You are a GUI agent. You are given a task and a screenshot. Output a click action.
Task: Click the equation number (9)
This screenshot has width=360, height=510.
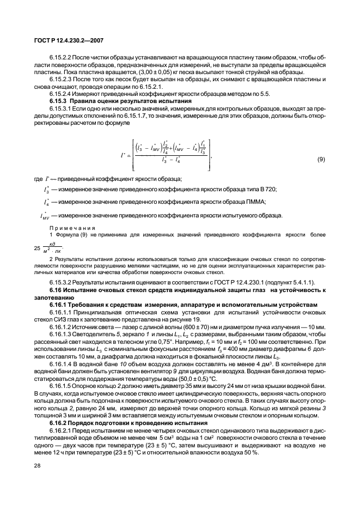(x=322, y=159)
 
